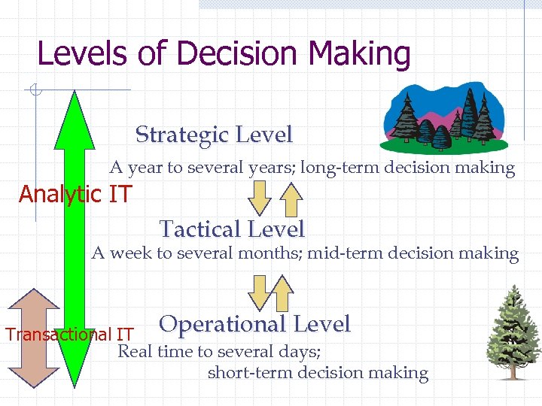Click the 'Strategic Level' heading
214,135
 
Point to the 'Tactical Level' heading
232,229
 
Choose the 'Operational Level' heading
255,324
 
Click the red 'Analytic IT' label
75,195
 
